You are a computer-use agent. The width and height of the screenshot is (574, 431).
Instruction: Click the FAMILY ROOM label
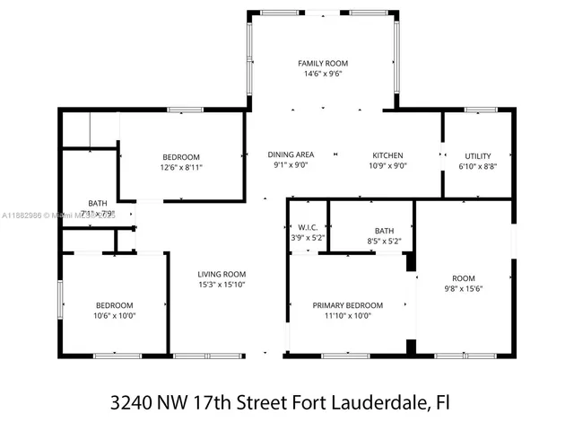pos(322,63)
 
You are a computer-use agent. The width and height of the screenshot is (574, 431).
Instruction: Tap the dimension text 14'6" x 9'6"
pos(322,75)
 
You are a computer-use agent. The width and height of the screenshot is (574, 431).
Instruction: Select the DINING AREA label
pos(293,154)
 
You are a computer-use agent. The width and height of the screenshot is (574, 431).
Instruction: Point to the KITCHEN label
pos(387,154)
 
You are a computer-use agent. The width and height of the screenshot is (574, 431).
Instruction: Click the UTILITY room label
pos(477,155)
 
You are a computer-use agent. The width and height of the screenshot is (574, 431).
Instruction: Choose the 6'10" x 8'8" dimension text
pos(477,166)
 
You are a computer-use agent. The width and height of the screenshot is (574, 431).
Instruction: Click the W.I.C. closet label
pos(306,226)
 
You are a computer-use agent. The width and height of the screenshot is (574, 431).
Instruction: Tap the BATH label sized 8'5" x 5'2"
pos(384,230)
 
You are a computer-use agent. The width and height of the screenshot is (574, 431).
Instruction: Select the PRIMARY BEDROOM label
pos(347,305)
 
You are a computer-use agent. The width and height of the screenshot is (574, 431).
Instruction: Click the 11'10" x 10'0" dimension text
pos(347,316)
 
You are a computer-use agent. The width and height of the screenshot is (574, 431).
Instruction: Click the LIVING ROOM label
pos(222,274)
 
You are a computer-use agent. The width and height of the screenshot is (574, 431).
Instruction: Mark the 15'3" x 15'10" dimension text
pos(222,285)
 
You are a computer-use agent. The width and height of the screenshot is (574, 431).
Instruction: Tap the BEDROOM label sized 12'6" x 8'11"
pos(180,156)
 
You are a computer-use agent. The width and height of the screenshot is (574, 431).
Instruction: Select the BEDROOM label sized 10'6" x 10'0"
pos(114,304)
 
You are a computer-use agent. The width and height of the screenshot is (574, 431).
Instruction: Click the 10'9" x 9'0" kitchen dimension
pos(387,165)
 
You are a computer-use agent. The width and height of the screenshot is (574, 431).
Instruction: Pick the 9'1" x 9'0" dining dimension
pos(291,165)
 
